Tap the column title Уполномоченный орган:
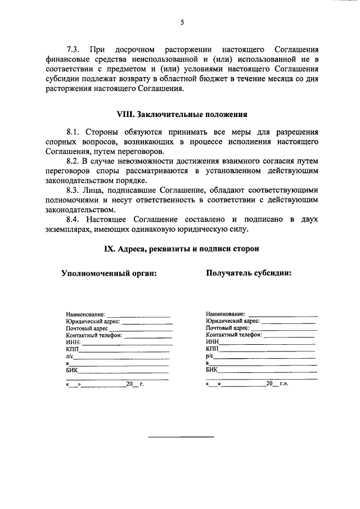(x=109, y=273)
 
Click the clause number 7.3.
(x=74, y=49)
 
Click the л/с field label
(x=70, y=356)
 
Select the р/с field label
(x=210, y=356)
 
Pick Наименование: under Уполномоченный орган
(x=85, y=314)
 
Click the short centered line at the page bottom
(x=181, y=436)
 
